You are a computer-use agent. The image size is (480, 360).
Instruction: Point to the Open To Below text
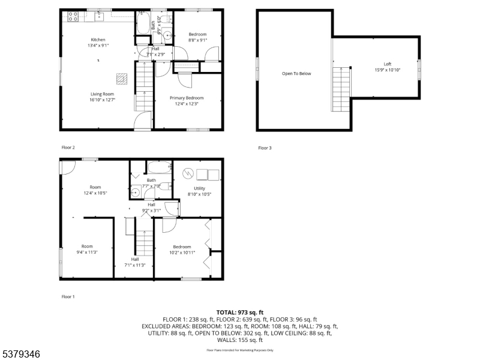tap(296, 74)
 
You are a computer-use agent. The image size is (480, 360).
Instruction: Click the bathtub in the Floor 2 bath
tap(144, 24)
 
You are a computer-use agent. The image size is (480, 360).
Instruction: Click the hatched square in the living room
tap(122, 78)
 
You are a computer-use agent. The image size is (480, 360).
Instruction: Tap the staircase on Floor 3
tap(340, 89)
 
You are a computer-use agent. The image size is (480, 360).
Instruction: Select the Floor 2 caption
tap(68, 147)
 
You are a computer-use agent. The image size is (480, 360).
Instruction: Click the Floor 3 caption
tap(265, 148)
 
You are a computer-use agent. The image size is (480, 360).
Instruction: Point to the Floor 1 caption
tap(68, 296)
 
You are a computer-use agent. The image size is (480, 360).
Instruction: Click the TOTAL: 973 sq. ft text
tap(239, 313)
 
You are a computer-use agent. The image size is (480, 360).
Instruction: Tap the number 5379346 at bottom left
tap(20, 354)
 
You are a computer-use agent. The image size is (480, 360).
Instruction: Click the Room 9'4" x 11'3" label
tap(87, 249)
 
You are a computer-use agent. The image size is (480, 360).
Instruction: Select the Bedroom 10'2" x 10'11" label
tap(182, 249)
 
